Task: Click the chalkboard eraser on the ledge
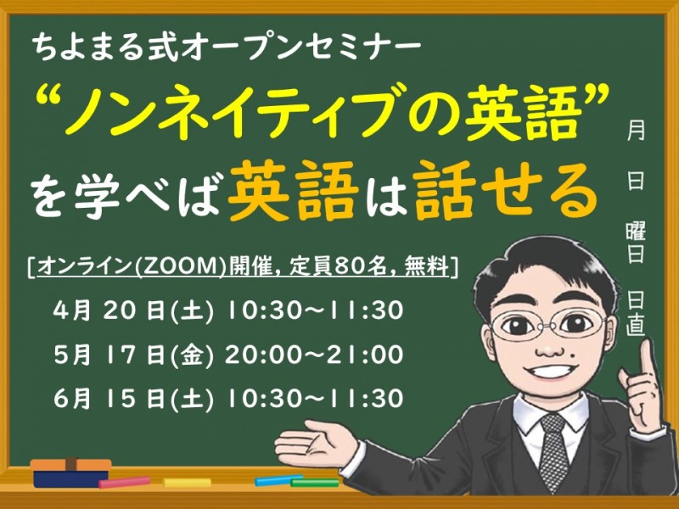tap(71, 472)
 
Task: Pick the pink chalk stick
tap(124, 483)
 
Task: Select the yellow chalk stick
tap(187, 483)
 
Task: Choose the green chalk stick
tap(314, 483)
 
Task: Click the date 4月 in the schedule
tap(71, 310)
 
